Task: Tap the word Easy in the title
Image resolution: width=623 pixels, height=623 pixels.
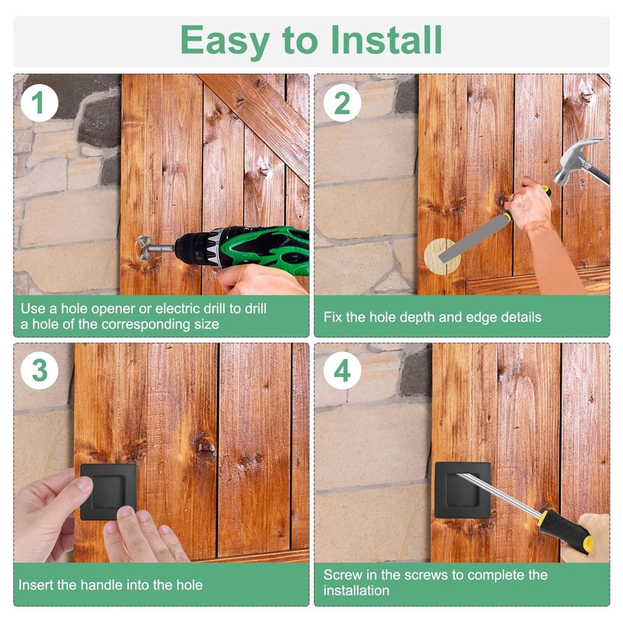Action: [225, 42]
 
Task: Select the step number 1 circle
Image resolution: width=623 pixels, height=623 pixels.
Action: [40, 103]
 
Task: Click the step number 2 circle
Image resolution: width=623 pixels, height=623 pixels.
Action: [342, 103]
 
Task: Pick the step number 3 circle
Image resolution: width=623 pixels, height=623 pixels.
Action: [40, 371]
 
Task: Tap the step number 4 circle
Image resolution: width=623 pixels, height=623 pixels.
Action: [342, 371]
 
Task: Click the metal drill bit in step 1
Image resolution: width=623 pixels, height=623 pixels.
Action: [154, 248]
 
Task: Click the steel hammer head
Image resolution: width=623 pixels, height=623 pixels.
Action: [578, 161]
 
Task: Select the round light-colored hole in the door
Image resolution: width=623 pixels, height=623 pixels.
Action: [442, 256]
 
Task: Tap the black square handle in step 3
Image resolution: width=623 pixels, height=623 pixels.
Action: [108, 492]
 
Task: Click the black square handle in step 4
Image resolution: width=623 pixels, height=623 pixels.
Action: [463, 490]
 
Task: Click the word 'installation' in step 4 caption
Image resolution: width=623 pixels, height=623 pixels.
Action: [356, 590]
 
